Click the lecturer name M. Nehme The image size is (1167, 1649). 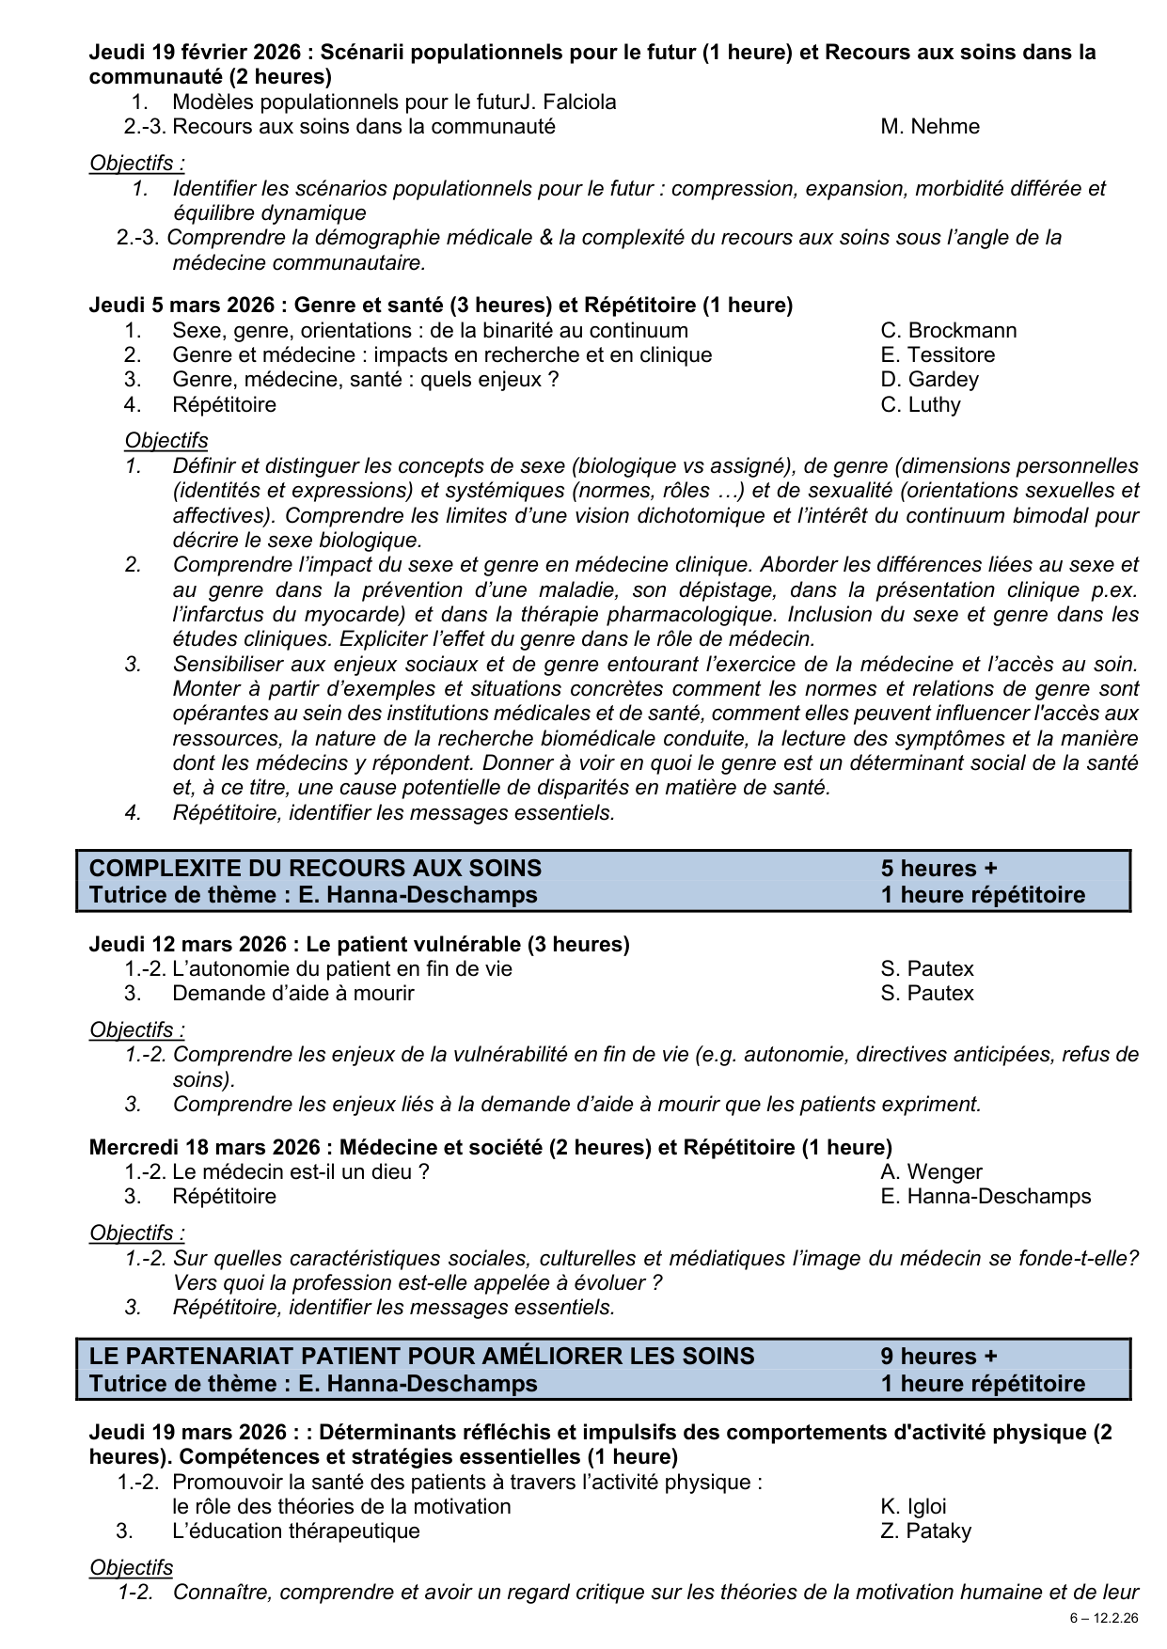[929, 127]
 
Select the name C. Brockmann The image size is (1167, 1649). [948, 331]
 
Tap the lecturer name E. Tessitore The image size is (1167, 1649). [937, 355]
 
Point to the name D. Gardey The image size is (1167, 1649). [929, 380]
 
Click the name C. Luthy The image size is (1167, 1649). [920, 405]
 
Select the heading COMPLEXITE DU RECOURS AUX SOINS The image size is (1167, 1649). [315, 869]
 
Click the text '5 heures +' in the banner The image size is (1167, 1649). [938, 869]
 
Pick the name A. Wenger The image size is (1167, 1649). [931, 1172]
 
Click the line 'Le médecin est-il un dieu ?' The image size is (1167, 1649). [300, 1172]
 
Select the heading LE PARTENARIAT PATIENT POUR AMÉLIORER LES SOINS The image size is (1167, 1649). [421, 1357]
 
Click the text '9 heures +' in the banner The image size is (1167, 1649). [938, 1357]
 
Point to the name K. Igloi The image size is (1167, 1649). [913, 1507]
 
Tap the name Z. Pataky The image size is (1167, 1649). [925, 1531]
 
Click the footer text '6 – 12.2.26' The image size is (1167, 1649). [1103, 1619]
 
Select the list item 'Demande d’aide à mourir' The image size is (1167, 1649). [292, 994]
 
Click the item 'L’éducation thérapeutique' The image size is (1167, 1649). [295, 1531]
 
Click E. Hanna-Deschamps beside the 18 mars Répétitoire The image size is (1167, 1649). [985, 1197]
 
